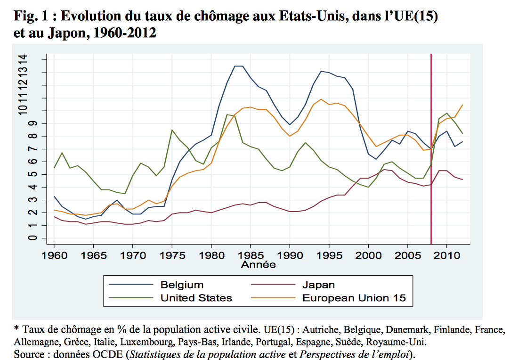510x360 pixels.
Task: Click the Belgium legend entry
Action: coord(182,285)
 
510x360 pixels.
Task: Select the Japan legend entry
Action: coord(318,285)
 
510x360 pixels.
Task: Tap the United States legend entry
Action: coord(196,298)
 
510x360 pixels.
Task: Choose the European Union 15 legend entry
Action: coord(354,298)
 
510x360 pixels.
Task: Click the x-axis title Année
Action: coord(259,265)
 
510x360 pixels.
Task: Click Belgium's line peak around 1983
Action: coord(239,66)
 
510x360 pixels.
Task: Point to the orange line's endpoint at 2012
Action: coord(463,105)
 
